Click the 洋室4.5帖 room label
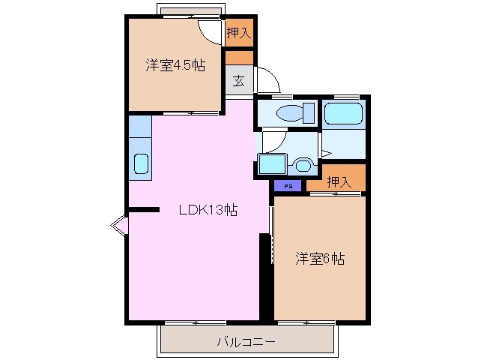[175, 65]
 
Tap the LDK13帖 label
[208, 211]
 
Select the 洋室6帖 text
[319, 259]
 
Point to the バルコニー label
[246, 341]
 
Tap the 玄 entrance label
[238, 81]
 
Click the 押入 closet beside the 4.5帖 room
[239, 32]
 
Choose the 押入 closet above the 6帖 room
[339, 181]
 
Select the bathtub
[344, 115]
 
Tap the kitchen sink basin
[140, 164]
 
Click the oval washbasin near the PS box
[303, 164]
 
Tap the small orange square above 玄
[239, 57]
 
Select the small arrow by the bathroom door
[326, 153]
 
